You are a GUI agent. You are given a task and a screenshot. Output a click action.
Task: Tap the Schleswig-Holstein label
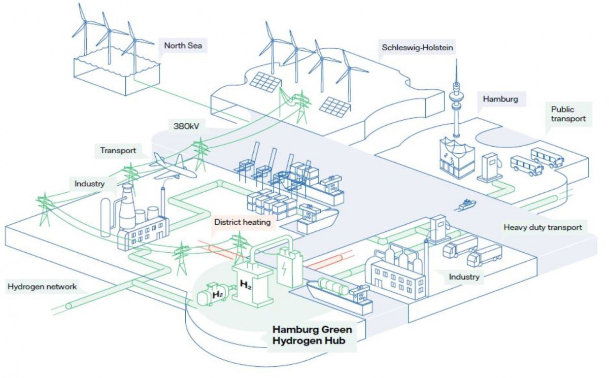(x=417, y=48)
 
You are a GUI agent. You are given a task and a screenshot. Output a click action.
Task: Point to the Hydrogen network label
(x=42, y=287)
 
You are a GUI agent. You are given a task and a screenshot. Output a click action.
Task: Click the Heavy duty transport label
(x=543, y=227)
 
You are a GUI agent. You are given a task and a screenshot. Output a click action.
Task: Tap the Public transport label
(x=568, y=114)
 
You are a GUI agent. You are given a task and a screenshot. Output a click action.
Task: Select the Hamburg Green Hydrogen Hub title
(x=312, y=335)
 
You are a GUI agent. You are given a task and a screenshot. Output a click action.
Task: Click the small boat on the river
(x=468, y=204)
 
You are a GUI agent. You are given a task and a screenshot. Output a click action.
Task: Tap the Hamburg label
(x=500, y=99)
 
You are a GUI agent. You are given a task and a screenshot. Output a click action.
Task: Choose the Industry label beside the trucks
(x=464, y=277)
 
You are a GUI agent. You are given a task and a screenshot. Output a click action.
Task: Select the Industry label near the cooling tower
(x=89, y=184)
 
